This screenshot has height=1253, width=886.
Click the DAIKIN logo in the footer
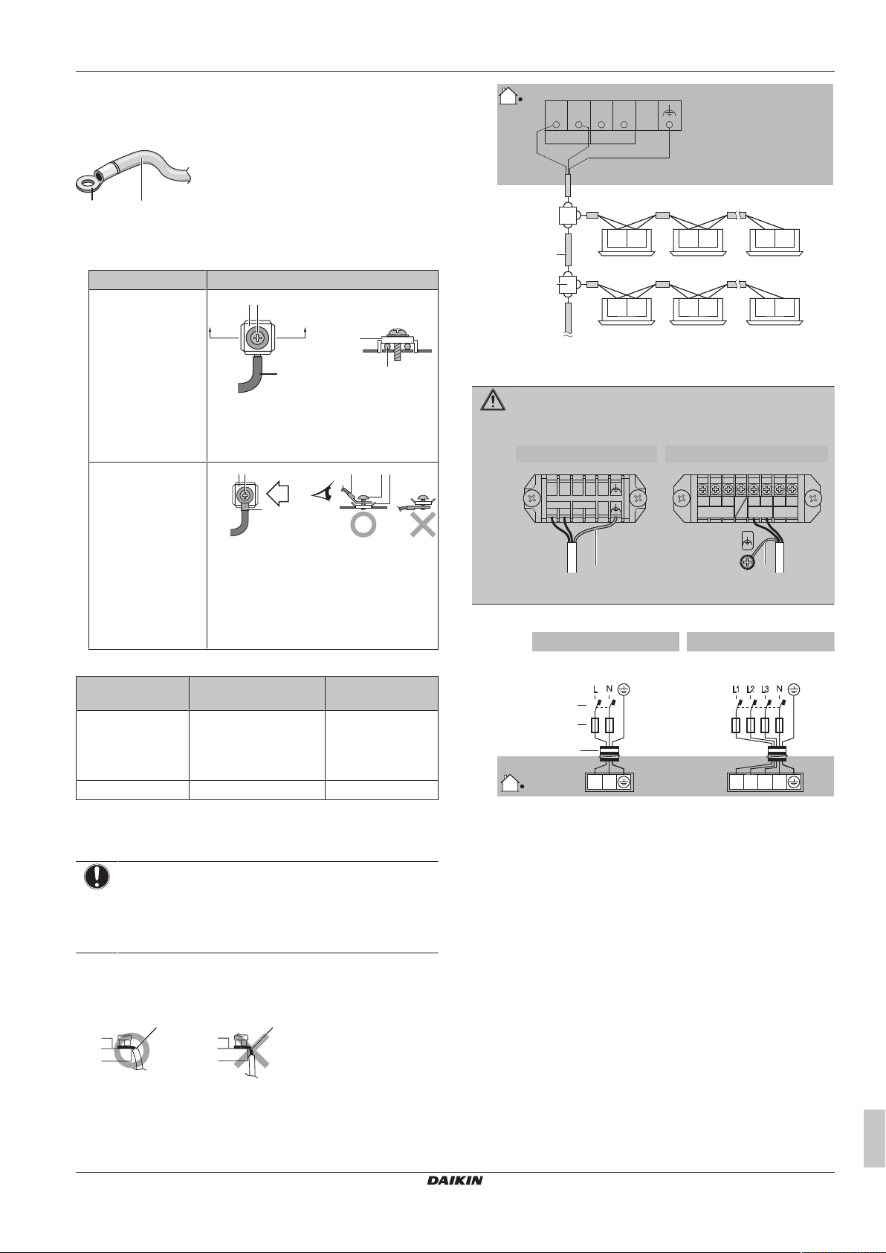(454, 1180)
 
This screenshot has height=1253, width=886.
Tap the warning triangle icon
(493, 401)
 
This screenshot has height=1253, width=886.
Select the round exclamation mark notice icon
(97, 877)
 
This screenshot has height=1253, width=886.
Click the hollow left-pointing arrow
(278, 493)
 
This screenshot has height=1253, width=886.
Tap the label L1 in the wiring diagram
(736, 689)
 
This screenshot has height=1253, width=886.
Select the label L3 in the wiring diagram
(766, 689)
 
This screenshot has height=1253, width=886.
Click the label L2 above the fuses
(751, 689)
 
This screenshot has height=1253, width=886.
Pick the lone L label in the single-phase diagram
(595, 689)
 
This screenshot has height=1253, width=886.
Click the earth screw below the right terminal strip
(747, 563)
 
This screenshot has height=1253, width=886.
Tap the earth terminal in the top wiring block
(669, 116)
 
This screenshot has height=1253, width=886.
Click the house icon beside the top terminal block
(508, 96)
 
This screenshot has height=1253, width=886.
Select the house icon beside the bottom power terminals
(508, 782)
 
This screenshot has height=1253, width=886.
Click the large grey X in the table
(423, 524)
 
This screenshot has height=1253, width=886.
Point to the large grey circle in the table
(363, 524)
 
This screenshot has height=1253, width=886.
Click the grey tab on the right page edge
(874, 1139)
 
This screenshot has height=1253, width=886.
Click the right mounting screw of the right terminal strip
(814, 497)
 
